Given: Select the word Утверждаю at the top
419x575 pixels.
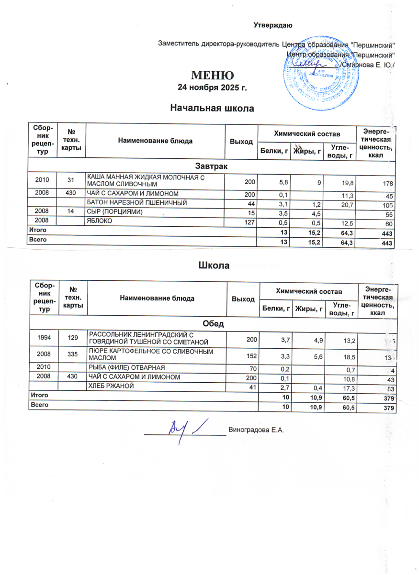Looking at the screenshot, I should [273, 25].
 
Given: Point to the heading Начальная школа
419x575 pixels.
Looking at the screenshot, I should [212, 109].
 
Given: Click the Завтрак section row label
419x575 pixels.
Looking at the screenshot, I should [211, 166].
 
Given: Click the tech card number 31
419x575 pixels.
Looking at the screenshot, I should [70, 180].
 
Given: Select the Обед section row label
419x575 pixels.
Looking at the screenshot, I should [213, 324].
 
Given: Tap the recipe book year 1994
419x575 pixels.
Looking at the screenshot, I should [45, 338].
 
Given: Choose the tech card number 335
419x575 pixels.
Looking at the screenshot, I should [73, 354].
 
